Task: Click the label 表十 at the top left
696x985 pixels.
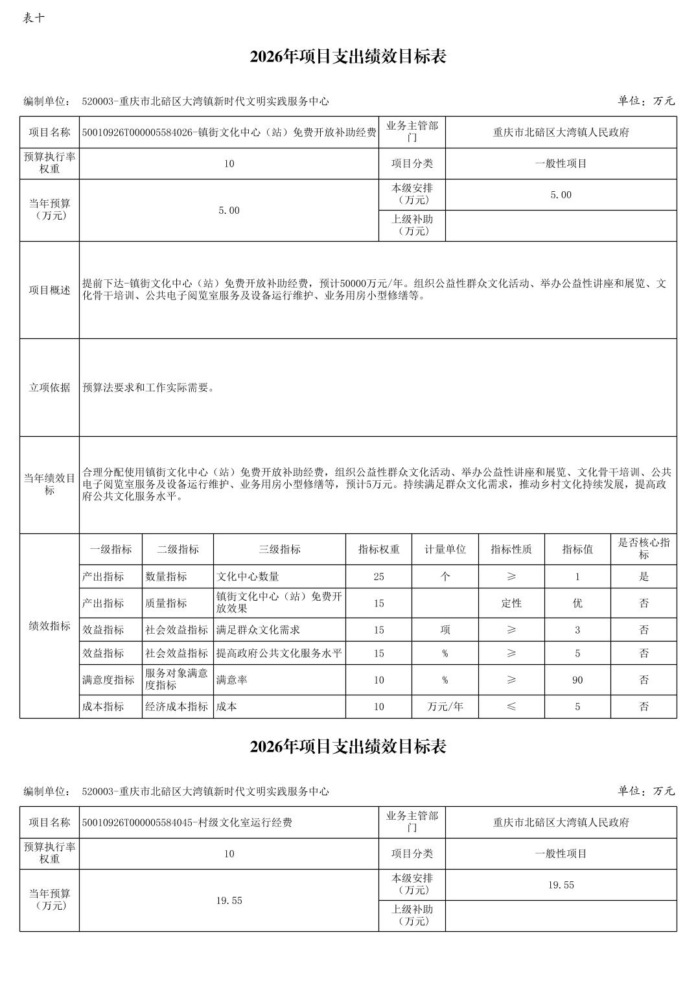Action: coord(33,17)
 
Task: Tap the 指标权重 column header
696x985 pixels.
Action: coord(378,549)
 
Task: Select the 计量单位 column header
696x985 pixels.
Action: coord(445,549)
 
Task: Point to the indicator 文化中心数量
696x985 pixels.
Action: coord(248,576)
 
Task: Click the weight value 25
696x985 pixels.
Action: coord(378,576)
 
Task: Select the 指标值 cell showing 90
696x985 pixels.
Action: coord(577,680)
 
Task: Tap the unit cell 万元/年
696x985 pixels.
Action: coord(445,706)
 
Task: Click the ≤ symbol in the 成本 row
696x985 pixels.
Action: coord(511,706)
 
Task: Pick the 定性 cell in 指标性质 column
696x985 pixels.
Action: coord(511,603)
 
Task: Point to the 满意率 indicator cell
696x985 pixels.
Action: coord(231,680)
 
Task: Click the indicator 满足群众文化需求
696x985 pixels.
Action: coord(258,629)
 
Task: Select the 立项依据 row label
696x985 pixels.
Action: coord(49,388)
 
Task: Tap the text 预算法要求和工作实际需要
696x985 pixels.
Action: coord(148,388)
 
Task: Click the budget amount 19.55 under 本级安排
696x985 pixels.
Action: coord(561,885)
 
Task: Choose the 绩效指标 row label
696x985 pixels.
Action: coord(49,625)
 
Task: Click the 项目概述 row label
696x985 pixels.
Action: coord(49,290)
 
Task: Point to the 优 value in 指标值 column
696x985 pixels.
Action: coord(577,603)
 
